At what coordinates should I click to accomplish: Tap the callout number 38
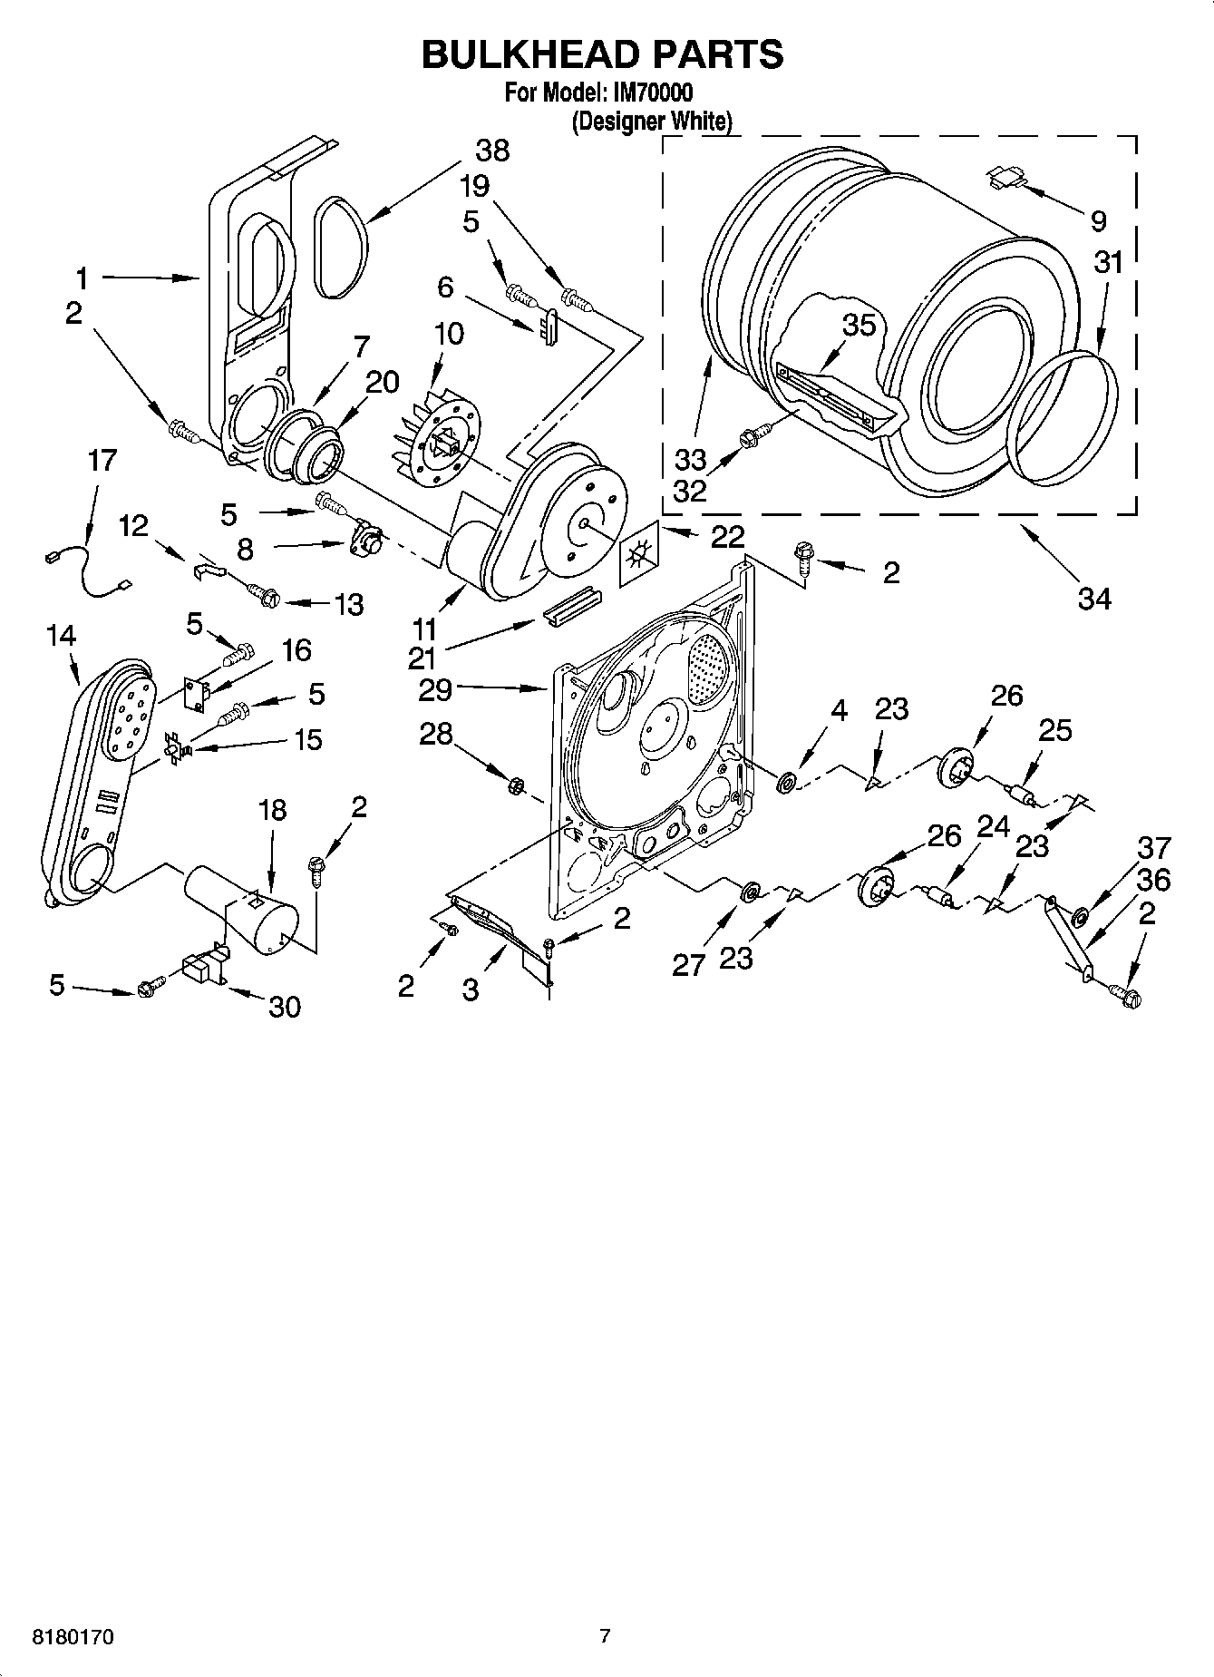(x=491, y=151)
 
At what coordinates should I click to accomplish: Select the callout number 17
(x=102, y=460)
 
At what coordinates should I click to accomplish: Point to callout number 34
(x=1093, y=598)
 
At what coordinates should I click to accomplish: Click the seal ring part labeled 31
(x=1064, y=415)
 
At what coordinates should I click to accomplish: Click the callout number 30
(x=284, y=1007)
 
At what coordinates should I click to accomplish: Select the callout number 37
(x=1153, y=848)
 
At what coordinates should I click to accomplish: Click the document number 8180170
(x=72, y=1637)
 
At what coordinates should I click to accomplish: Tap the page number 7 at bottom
(x=605, y=1636)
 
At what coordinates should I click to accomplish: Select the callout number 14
(x=61, y=637)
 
